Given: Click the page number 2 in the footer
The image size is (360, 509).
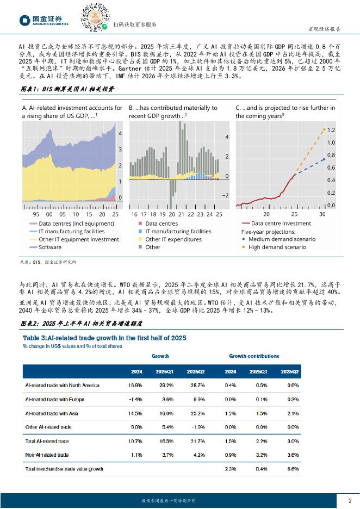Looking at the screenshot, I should point(350,500).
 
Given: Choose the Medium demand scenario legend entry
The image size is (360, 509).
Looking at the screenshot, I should point(281,239).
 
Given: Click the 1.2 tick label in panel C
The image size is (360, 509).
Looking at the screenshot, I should point(331,131).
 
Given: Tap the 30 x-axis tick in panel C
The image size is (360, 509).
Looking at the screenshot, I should point(322,215).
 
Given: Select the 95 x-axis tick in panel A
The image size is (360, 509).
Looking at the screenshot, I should point(35,215).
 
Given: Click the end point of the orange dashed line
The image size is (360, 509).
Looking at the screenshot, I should point(325,129).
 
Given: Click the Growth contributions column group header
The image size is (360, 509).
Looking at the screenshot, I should point(254,356).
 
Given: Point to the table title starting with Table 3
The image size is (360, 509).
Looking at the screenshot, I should point(104,338).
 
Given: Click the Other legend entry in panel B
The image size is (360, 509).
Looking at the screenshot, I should point(153,247).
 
